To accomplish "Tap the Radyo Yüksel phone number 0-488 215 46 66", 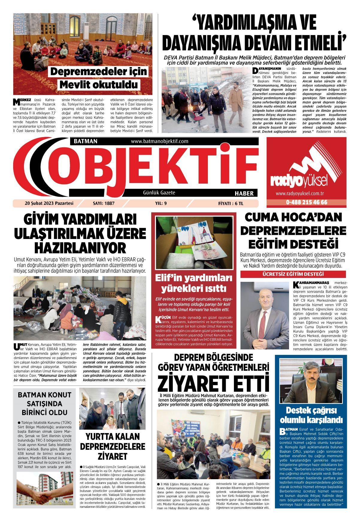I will [x=306, y=202].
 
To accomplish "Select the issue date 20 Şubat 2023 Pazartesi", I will [x=49, y=203].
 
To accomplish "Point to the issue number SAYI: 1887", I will [x=104, y=203].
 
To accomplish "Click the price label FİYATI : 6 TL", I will [x=231, y=203].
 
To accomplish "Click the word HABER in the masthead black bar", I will [x=244, y=193].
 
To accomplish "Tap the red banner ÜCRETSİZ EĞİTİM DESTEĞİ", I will [x=293, y=274].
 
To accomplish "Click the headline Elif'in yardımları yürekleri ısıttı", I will [x=193, y=283].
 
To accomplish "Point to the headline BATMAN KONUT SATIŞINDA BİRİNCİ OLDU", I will [x=45, y=403].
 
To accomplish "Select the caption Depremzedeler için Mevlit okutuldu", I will [x=99, y=78].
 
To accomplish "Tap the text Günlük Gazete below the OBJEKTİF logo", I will [x=159, y=193].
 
